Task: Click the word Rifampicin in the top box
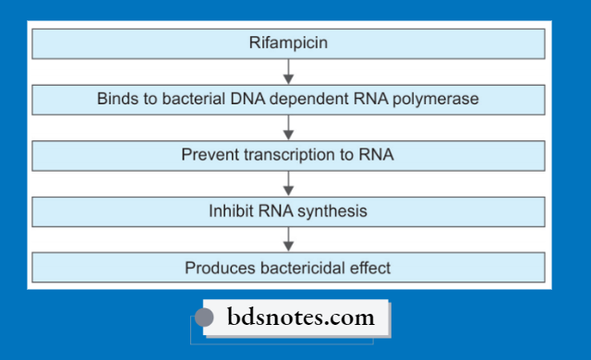tap(288, 42)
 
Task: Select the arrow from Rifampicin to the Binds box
tap(288, 70)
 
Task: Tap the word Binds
tap(116, 99)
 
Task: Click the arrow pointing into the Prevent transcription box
tap(288, 126)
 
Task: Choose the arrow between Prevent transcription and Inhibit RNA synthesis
tap(288, 183)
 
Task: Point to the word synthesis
tap(333, 211)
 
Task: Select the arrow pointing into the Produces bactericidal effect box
tap(288, 239)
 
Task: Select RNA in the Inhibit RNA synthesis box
tap(276, 211)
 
